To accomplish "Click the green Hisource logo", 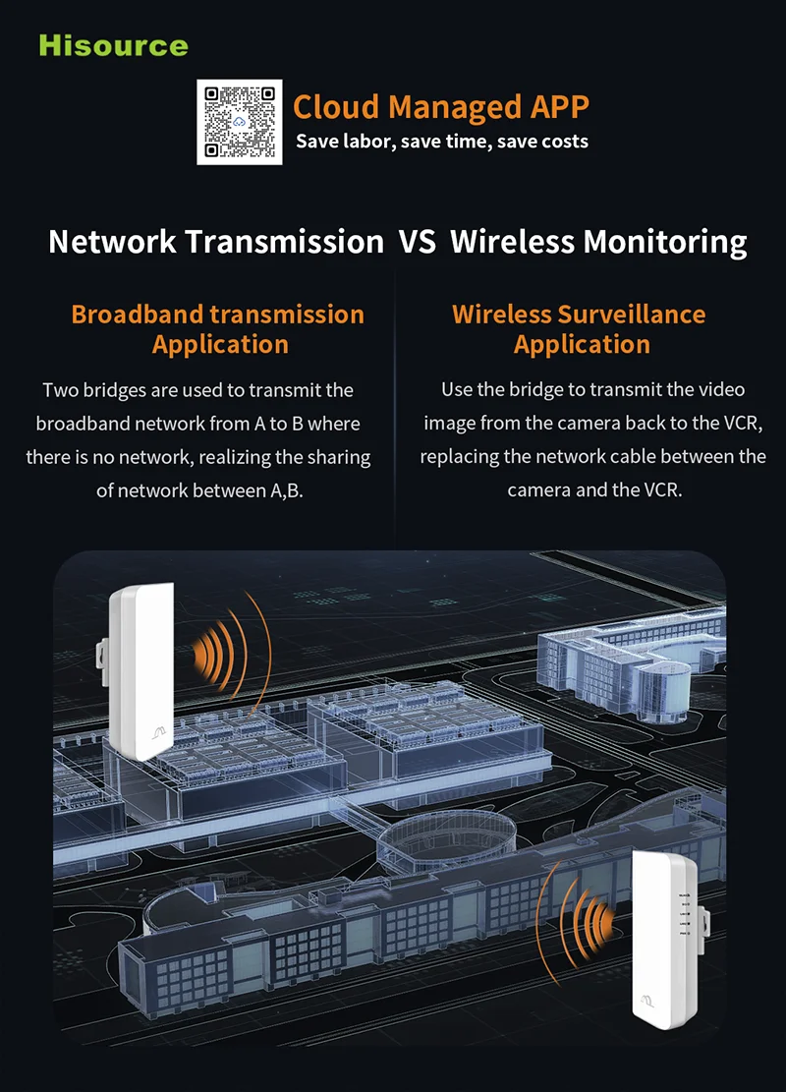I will point(113,45).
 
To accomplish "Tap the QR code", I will point(239,122).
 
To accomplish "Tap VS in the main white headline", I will point(417,242).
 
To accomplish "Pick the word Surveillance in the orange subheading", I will point(631,315).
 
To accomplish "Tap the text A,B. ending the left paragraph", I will point(287,489).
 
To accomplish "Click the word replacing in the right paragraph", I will point(459,456).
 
